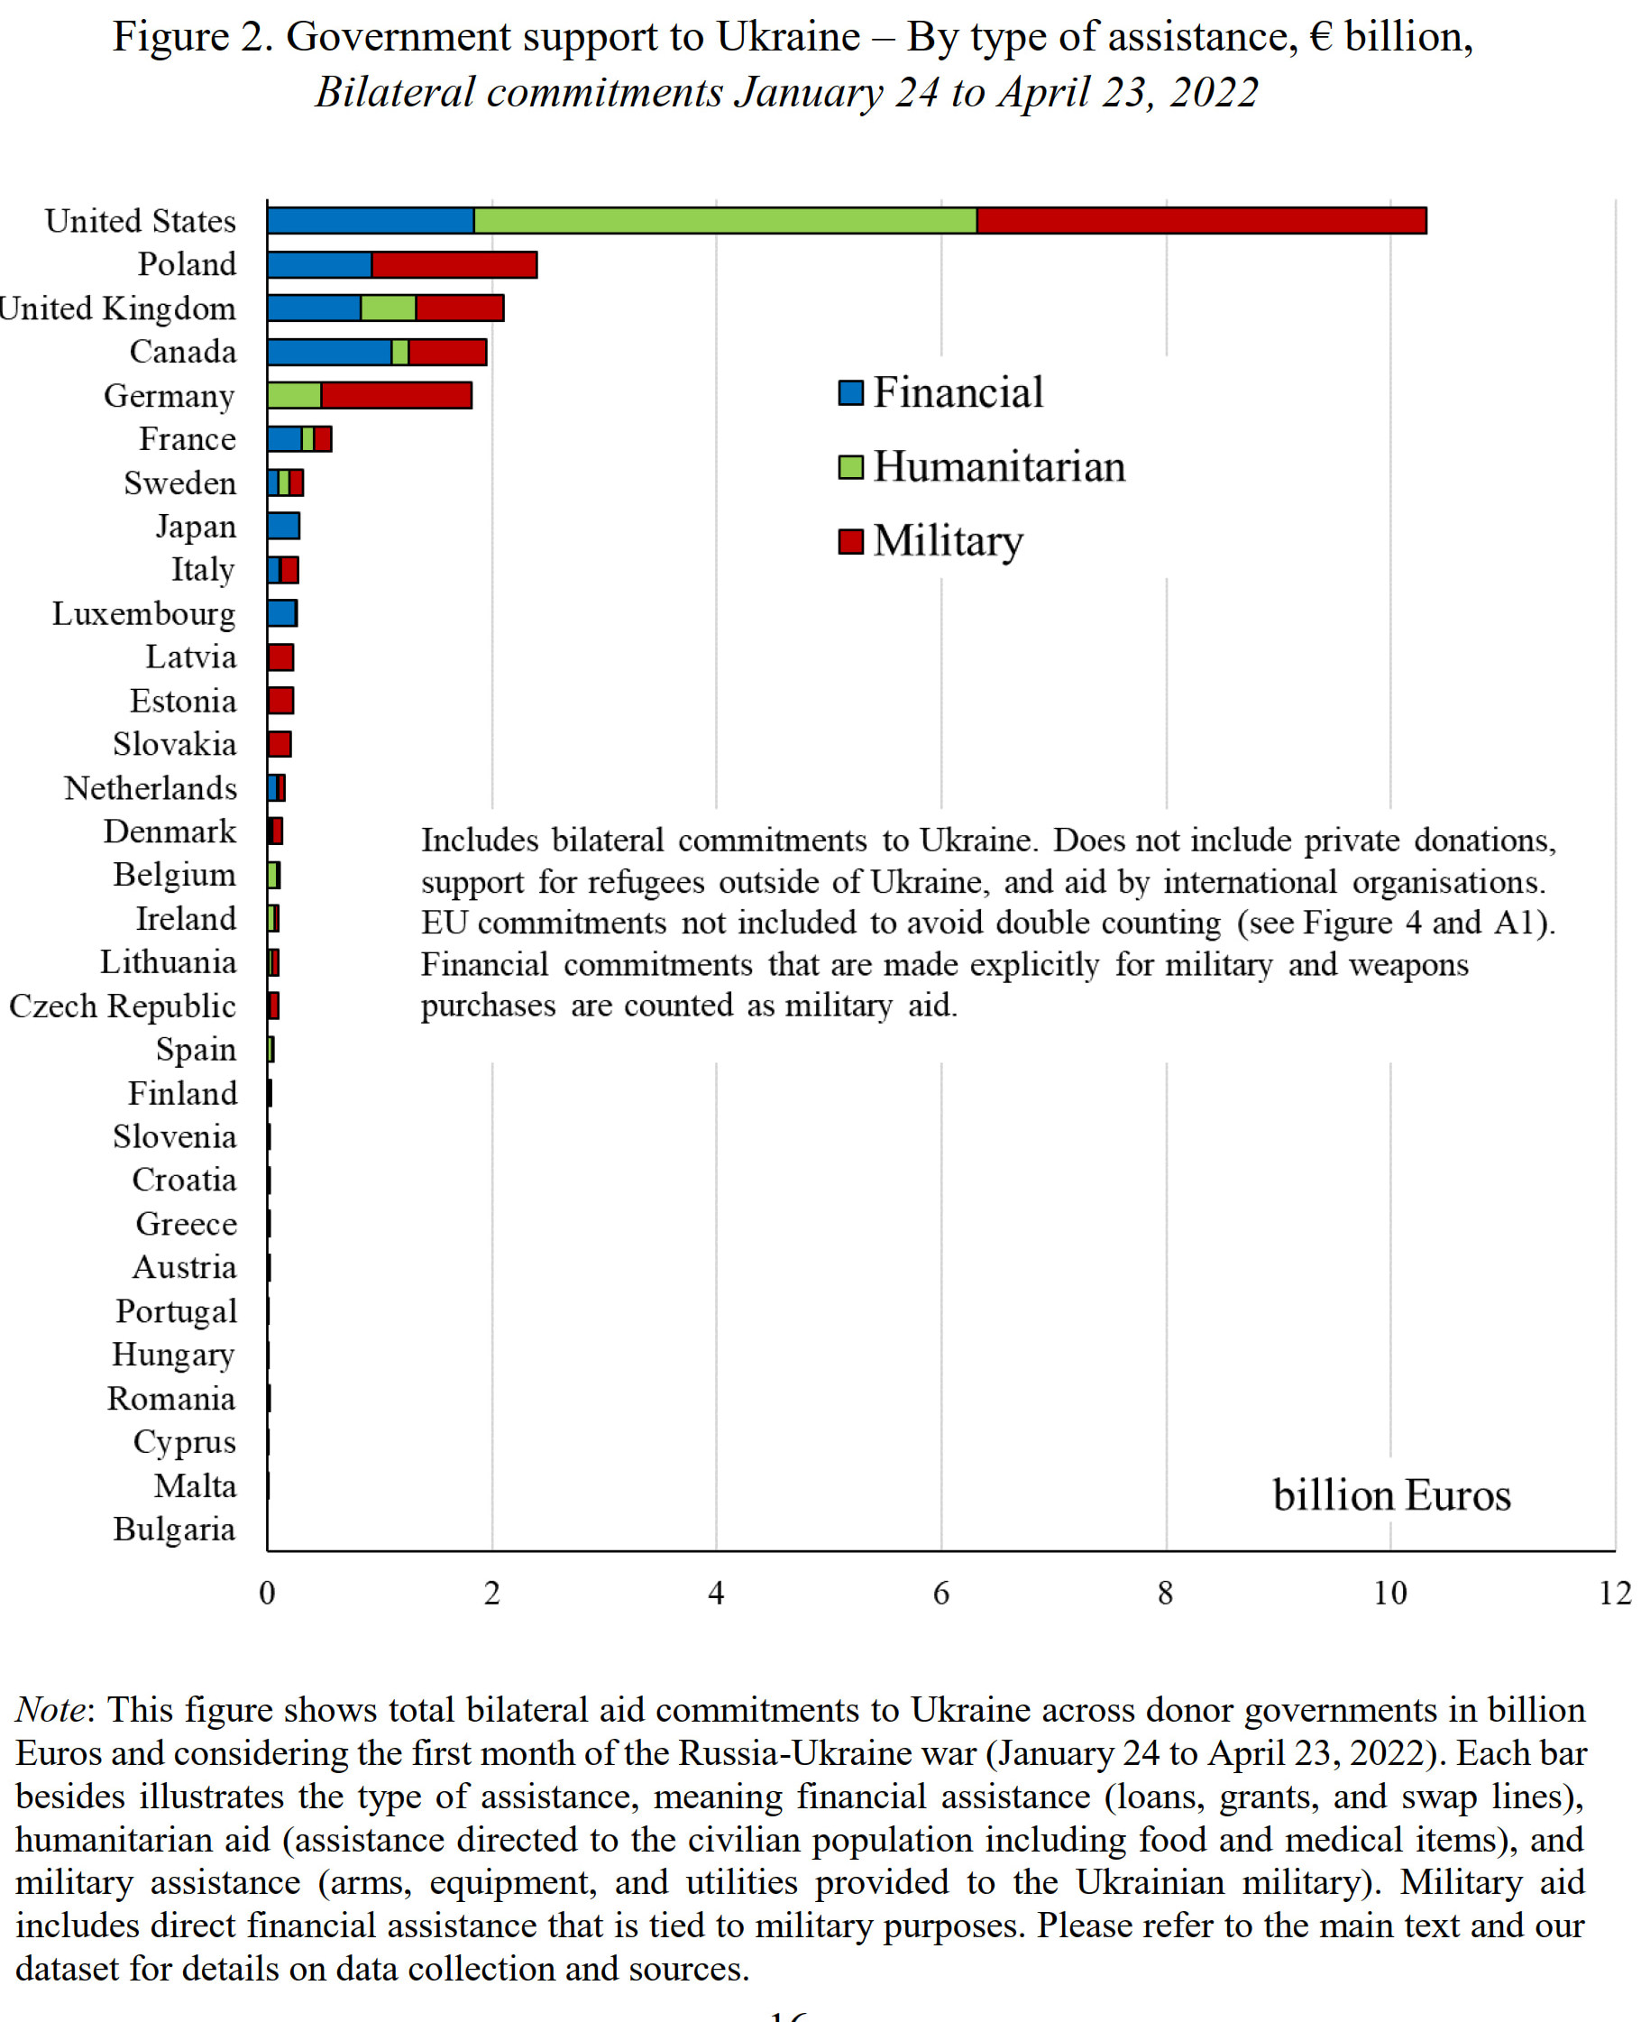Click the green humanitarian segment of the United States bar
(725, 221)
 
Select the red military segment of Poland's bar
(454, 264)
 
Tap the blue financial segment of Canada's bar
(329, 352)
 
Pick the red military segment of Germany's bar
(396, 395)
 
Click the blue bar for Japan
(284, 526)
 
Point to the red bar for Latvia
(280, 657)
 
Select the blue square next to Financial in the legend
(851, 392)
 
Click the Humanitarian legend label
(999, 467)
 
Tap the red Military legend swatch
(851, 541)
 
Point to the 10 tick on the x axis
(1389, 1594)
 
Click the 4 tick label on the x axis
(716, 1594)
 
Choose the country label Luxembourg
(143, 613)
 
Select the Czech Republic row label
(123, 1006)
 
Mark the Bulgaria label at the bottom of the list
(174, 1529)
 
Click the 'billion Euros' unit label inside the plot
(1390, 1495)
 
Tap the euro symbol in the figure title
(1321, 38)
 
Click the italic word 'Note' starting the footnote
(50, 1710)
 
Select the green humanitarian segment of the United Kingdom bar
(388, 308)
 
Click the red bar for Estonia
(280, 701)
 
